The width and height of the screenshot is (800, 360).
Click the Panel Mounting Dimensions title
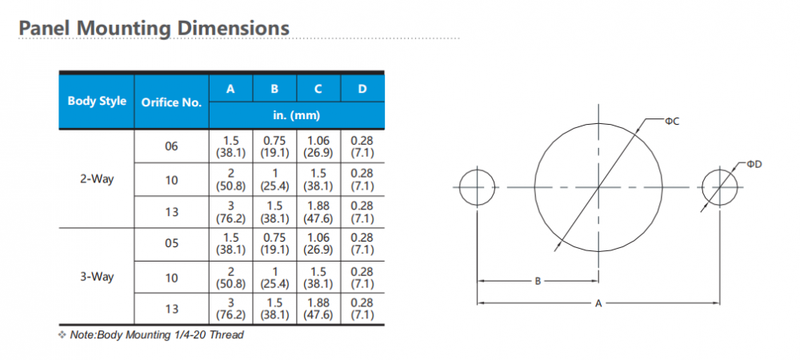click(x=154, y=28)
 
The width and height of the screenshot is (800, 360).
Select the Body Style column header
click(x=97, y=101)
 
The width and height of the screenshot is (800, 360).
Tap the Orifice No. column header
click(x=171, y=102)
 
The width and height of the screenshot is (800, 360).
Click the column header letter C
click(x=318, y=88)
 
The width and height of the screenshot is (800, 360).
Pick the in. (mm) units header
click(x=296, y=114)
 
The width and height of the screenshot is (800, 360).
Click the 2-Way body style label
click(x=97, y=179)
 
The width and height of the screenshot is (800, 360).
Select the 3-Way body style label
click(x=97, y=277)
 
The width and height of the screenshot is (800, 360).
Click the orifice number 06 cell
click(x=171, y=146)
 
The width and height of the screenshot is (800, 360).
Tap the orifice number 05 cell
click(x=171, y=244)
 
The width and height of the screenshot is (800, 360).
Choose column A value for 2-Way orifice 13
click(x=230, y=212)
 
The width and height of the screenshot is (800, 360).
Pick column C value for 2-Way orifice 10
click(x=318, y=179)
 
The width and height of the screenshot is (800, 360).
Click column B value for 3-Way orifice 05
click(x=274, y=244)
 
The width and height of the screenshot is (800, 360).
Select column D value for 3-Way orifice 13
click(x=362, y=310)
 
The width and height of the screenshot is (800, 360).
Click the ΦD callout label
click(x=754, y=164)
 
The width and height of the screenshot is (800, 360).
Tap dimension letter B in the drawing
click(x=538, y=281)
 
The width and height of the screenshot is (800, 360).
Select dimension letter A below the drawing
click(x=598, y=303)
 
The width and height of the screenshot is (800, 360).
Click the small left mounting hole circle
click(x=478, y=187)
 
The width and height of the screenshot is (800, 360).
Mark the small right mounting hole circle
click(x=720, y=187)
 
